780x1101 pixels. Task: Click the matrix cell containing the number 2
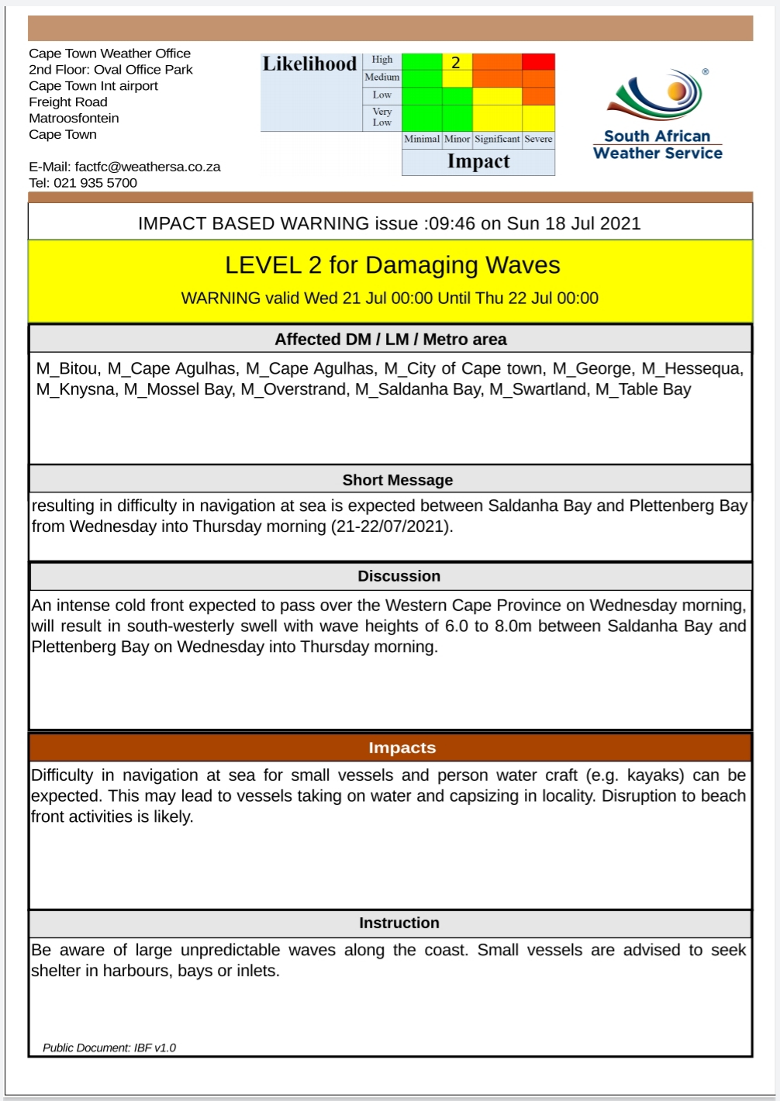tap(457, 63)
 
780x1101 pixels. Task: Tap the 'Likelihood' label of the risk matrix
tap(309, 64)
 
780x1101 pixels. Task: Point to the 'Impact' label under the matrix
tap(478, 161)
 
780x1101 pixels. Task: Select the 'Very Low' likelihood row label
tap(382, 117)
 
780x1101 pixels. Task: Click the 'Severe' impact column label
tap(538, 140)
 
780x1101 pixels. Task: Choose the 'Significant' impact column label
tap(497, 140)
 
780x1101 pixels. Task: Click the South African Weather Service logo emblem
tap(659, 97)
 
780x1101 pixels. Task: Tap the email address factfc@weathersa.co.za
tap(147, 167)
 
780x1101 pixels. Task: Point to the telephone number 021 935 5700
tap(95, 183)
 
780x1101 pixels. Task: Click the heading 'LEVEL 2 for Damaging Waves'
tap(392, 265)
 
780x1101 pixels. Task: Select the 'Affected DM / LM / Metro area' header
tap(391, 340)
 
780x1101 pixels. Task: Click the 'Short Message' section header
tap(398, 480)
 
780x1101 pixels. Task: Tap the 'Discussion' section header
tap(399, 576)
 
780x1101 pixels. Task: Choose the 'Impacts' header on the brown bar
tap(402, 747)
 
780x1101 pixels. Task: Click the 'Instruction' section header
tap(399, 923)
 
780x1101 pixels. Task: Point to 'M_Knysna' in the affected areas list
tap(76, 389)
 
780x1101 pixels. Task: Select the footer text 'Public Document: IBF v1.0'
tap(109, 1048)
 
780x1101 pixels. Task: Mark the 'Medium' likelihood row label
tap(382, 78)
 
